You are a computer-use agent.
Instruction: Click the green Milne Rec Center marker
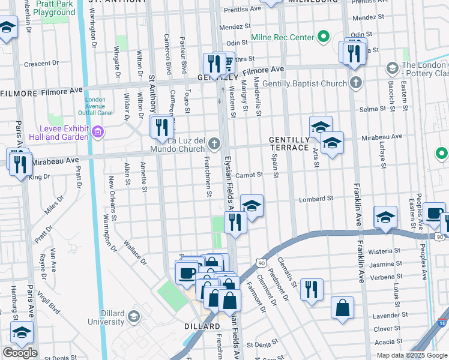point(324,37)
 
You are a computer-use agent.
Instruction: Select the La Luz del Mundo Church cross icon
point(212,143)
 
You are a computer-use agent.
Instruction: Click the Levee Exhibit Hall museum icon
point(97,131)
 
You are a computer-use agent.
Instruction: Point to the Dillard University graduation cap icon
point(134,316)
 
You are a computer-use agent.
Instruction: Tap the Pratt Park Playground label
point(54,8)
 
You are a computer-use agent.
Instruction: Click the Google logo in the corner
point(20,353)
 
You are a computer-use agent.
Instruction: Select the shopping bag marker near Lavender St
point(342,308)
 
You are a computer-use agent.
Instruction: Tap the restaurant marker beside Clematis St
point(311,289)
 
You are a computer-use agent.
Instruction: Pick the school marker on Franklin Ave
point(385,217)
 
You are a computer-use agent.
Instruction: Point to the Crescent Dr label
point(40,64)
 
